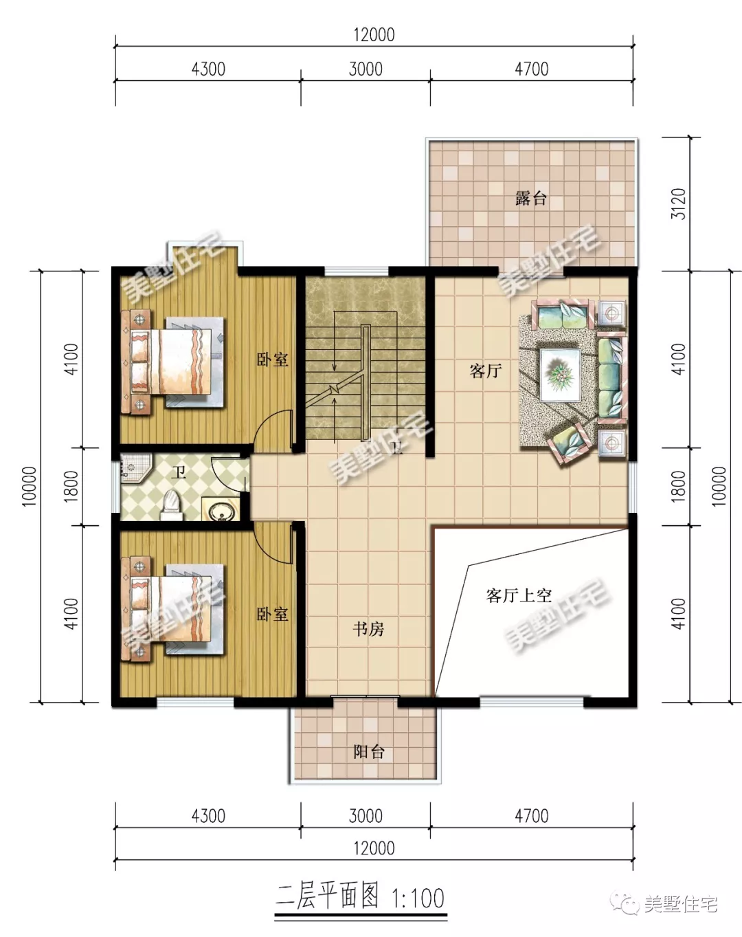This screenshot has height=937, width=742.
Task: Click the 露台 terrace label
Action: pyautogui.click(x=531, y=199)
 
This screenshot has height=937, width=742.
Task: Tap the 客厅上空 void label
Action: pyautogui.click(x=519, y=595)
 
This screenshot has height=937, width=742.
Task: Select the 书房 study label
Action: pyautogui.click(x=368, y=629)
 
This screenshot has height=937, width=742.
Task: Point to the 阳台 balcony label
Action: pyautogui.click(x=369, y=751)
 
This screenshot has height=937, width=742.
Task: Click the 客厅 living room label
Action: pyautogui.click(x=486, y=371)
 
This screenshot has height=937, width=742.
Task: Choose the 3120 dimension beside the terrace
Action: pyautogui.click(x=679, y=203)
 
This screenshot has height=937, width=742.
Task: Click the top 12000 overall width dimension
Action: pyautogui.click(x=374, y=35)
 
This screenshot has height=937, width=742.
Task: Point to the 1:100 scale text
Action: pyautogui.click(x=418, y=899)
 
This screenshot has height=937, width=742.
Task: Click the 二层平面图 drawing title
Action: pyautogui.click(x=327, y=897)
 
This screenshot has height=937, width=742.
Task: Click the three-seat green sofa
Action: pyautogui.click(x=611, y=377)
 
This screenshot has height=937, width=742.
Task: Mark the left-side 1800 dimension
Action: pyautogui.click(x=71, y=486)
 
